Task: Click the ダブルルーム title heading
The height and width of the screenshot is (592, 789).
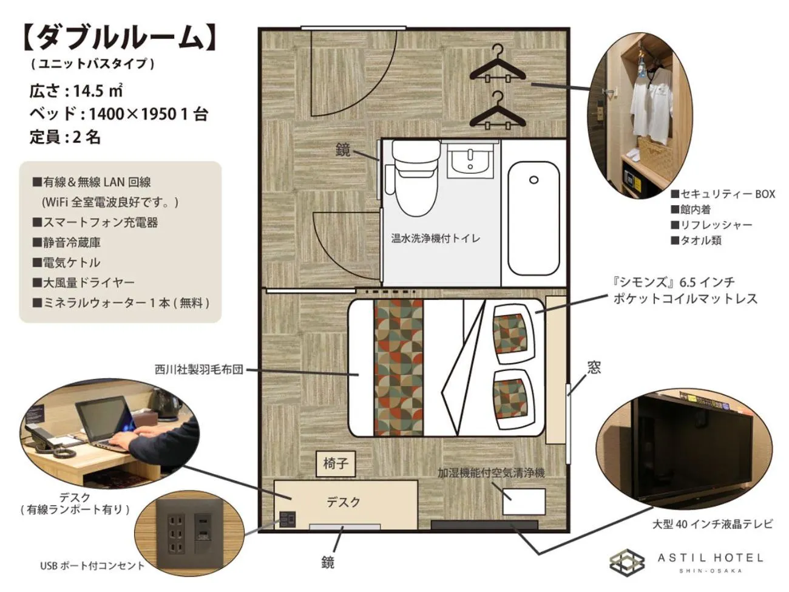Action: click(119, 37)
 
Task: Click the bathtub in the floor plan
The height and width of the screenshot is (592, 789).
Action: click(533, 217)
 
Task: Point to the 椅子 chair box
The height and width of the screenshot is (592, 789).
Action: click(336, 464)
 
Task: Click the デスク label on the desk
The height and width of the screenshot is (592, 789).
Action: click(344, 502)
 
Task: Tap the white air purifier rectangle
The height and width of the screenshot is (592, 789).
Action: click(524, 501)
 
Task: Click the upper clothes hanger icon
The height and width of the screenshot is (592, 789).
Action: click(497, 64)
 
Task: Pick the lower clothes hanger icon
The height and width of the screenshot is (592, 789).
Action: click(497, 111)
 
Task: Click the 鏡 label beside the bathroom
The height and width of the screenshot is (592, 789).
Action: click(343, 149)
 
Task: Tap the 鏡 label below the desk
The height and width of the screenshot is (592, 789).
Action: click(328, 563)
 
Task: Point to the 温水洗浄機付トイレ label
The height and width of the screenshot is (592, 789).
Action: click(435, 238)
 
